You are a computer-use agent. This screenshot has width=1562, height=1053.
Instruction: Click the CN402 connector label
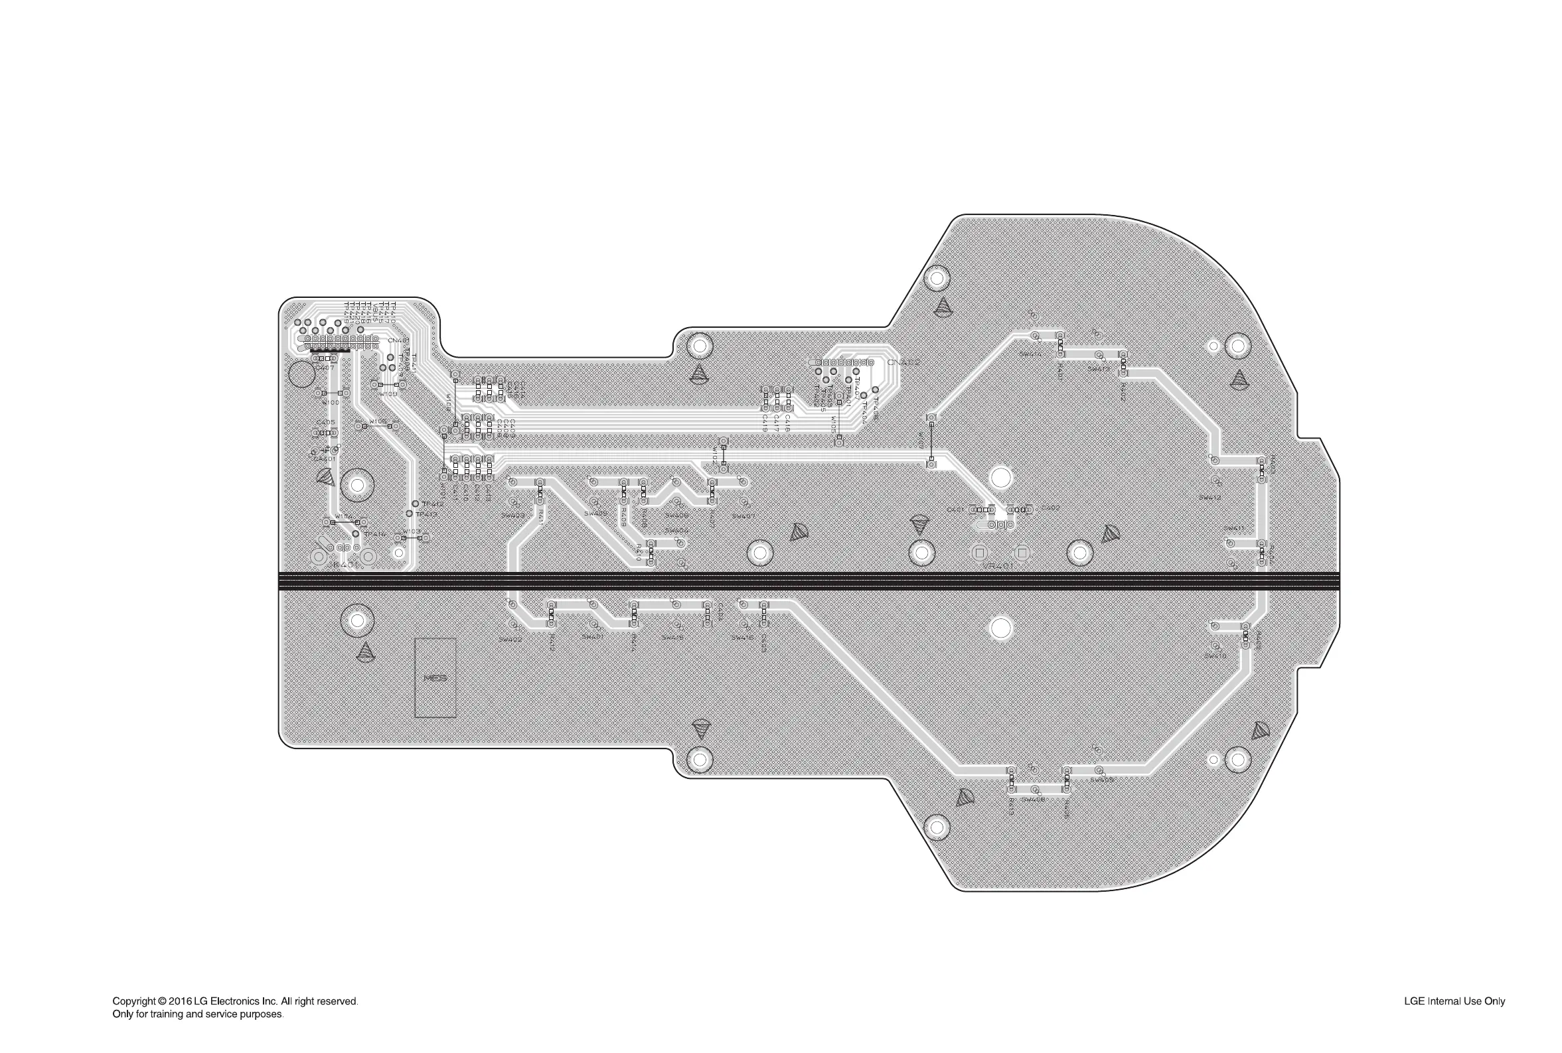tap(903, 363)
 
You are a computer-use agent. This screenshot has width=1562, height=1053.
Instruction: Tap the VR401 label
tap(998, 565)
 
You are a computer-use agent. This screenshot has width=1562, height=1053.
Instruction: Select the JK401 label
tap(343, 565)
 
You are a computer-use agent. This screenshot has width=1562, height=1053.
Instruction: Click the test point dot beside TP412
tap(415, 504)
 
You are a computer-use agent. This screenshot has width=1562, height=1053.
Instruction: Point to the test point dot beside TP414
tap(355, 534)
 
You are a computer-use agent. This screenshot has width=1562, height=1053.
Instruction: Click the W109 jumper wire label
tap(387, 394)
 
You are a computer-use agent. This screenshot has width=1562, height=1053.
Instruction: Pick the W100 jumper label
tap(330, 402)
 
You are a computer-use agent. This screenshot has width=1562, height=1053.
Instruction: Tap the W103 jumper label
tap(412, 531)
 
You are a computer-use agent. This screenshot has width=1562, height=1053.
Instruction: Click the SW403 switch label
tap(512, 515)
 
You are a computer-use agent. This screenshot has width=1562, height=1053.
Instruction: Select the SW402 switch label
tap(510, 640)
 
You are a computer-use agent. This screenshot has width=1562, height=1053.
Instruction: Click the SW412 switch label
tap(1210, 498)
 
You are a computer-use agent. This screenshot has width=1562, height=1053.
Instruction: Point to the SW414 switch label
tap(1030, 354)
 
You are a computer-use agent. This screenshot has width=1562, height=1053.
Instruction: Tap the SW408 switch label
tap(1034, 800)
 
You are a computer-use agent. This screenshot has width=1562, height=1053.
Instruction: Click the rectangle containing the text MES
tap(435, 677)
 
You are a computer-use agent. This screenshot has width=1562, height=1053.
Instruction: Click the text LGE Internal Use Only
tap(1454, 1001)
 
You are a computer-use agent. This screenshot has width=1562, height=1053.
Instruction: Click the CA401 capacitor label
tap(324, 458)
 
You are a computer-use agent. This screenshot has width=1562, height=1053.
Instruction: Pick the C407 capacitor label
tap(324, 368)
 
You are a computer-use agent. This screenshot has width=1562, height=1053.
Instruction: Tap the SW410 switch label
tap(1215, 656)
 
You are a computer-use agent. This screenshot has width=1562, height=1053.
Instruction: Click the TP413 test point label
tap(427, 514)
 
